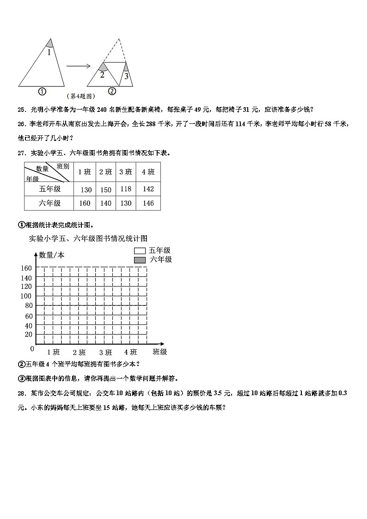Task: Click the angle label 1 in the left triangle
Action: [x=49, y=53]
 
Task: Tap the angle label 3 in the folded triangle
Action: [x=126, y=75]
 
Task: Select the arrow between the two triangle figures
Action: [x=79, y=66]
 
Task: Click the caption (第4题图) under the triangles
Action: [x=81, y=96]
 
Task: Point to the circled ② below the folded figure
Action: [x=111, y=92]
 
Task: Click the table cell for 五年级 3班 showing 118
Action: [x=125, y=189]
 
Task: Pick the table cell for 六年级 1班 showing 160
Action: [x=86, y=203]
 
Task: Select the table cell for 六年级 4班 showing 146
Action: [x=148, y=203]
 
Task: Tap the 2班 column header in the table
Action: [x=105, y=172]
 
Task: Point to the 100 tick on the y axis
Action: [x=26, y=296]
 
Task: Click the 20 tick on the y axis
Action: [x=28, y=335]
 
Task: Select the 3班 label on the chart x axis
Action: [x=105, y=352]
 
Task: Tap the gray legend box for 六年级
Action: [x=140, y=260]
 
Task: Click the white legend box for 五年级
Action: [x=140, y=250]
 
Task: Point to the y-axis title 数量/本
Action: [x=52, y=255]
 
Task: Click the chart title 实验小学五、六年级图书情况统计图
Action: [x=88, y=238]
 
